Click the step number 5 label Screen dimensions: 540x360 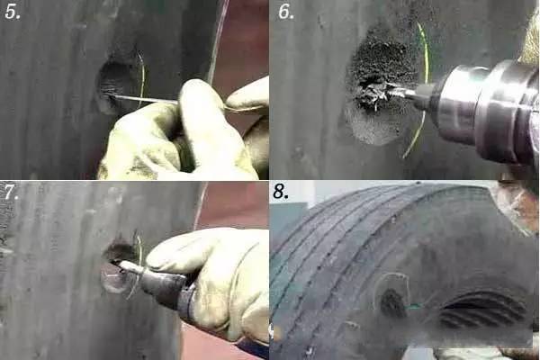[x=13, y=12]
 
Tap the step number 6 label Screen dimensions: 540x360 [x=286, y=12]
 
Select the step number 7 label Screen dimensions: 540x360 [x=11, y=193]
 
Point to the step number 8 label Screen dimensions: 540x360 [x=281, y=192]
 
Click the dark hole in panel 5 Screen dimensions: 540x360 [x=113, y=83]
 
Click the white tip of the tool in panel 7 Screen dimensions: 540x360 [x=129, y=266]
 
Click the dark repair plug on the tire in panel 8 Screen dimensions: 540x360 [x=393, y=303]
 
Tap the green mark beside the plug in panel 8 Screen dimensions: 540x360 [x=414, y=306]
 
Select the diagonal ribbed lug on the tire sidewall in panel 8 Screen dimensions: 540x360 [x=482, y=310]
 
